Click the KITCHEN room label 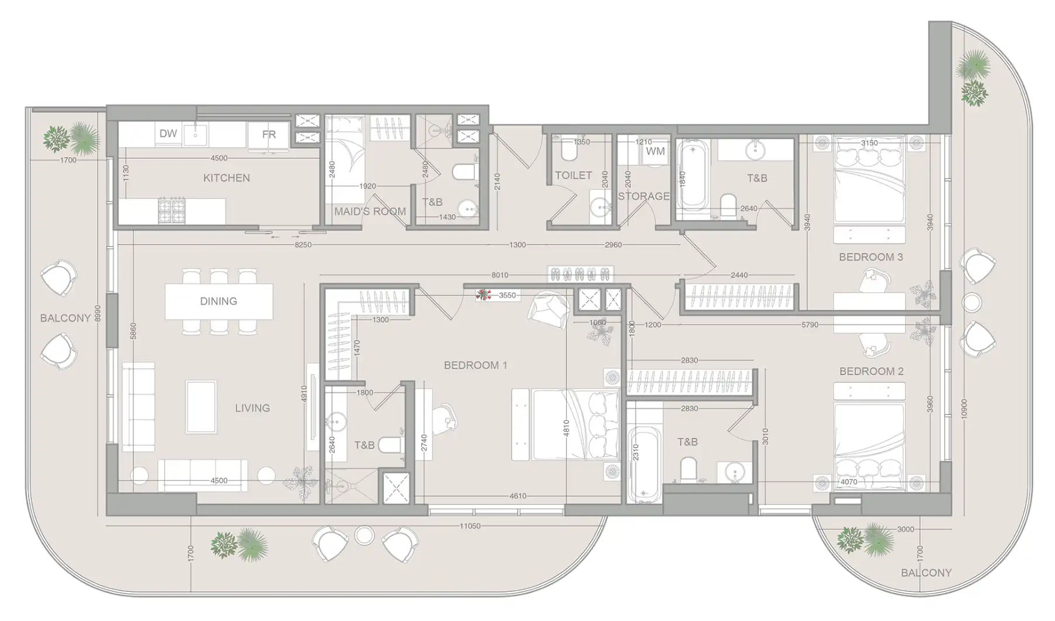[x=226, y=178]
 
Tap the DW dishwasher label [x=168, y=134]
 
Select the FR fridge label [x=269, y=134]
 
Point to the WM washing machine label [x=655, y=151]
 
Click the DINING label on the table [x=218, y=301]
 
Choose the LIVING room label [x=252, y=408]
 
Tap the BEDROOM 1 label [x=476, y=365]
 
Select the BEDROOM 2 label [x=871, y=371]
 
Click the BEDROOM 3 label [x=870, y=257]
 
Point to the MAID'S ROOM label [x=370, y=211]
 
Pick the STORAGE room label [x=643, y=196]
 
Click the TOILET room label [x=573, y=175]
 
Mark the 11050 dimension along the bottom [x=470, y=526]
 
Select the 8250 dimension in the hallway [x=303, y=245]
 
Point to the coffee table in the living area [x=202, y=407]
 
